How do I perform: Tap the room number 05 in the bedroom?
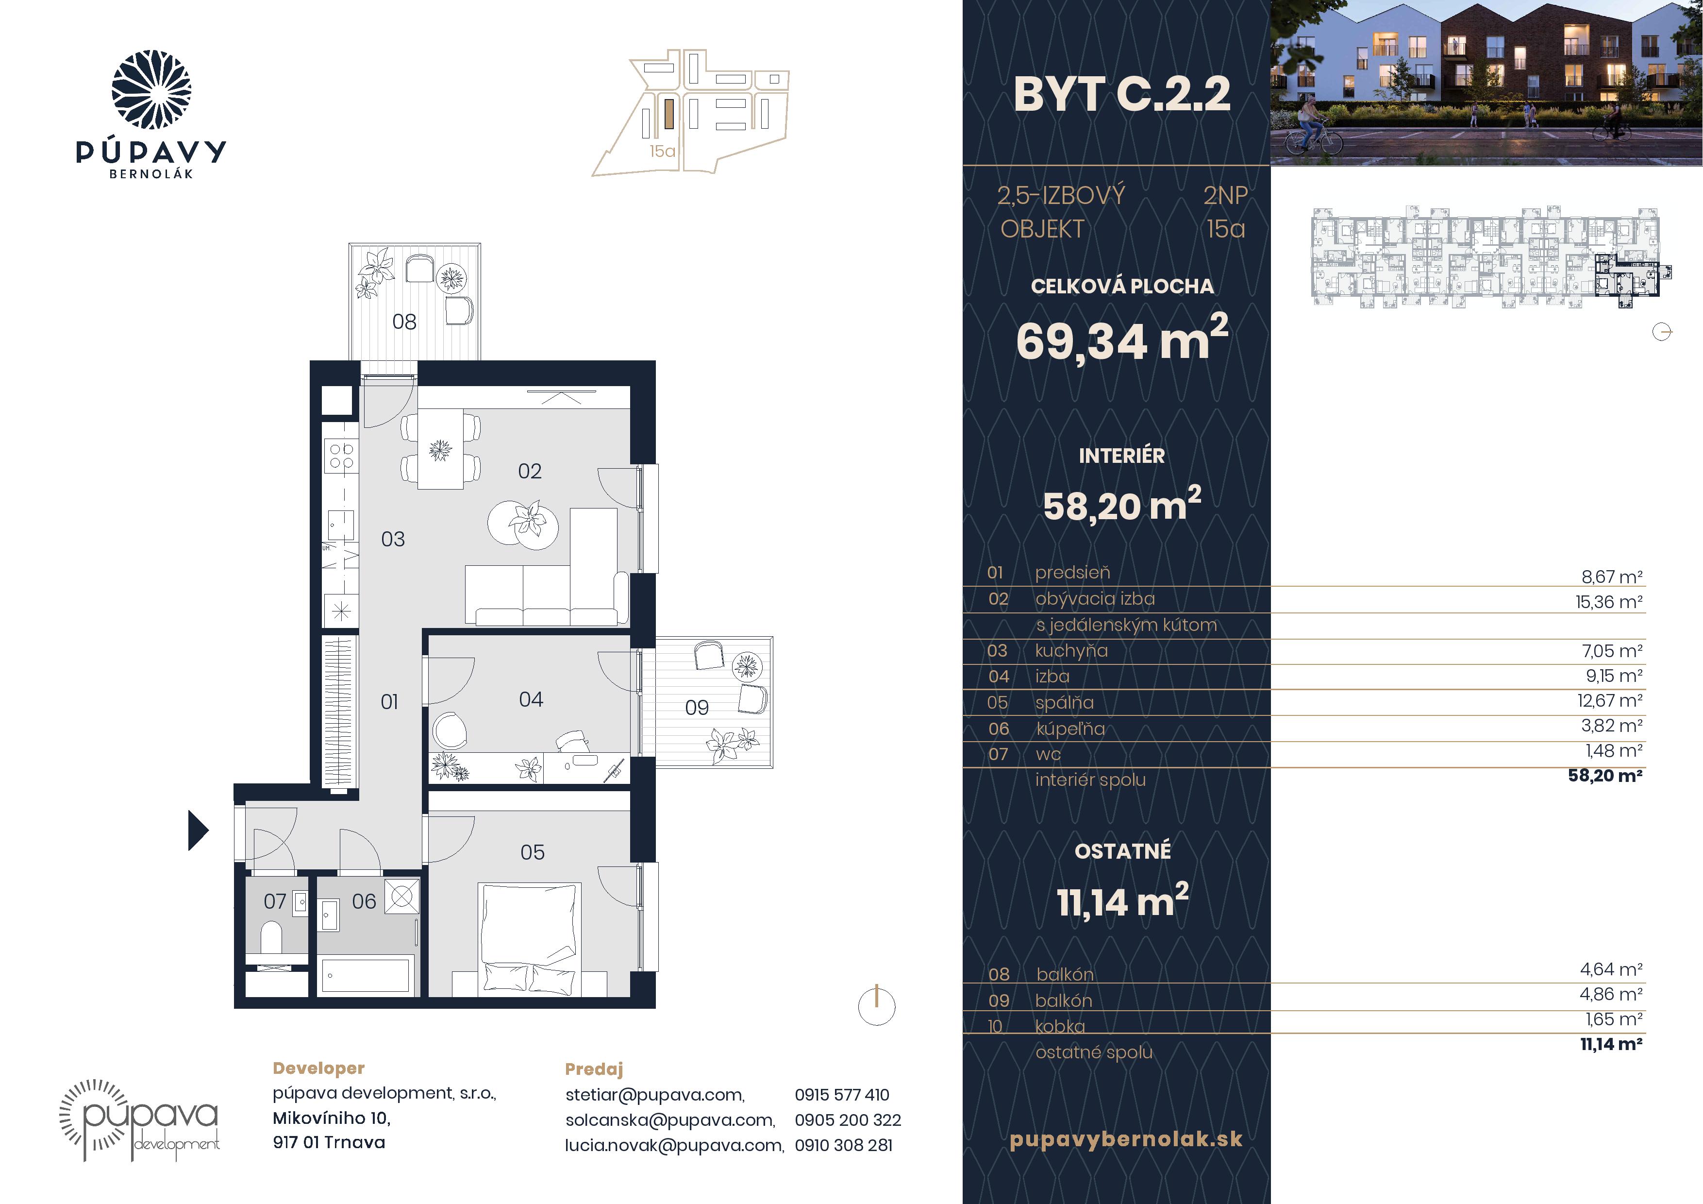click(532, 852)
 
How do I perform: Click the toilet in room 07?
click(271, 937)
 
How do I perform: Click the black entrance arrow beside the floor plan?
click(198, 830)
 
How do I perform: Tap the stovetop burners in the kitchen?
click(341, 456)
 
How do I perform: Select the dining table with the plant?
click(441, 449)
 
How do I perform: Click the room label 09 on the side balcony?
click(697, 708)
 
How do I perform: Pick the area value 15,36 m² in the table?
click(1609, 602)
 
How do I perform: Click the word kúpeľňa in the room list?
click(1070, 729)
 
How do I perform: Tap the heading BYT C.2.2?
click(1121, 94)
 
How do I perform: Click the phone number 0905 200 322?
click(848, 1120)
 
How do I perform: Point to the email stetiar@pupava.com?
click(655, 1095)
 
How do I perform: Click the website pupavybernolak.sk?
click(1126, 1139)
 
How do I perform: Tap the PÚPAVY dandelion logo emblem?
click(151, 90)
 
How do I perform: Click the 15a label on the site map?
click(662, 152)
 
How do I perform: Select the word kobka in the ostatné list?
click(1060, 1027)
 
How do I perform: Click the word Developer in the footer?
click(319, 1068)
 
